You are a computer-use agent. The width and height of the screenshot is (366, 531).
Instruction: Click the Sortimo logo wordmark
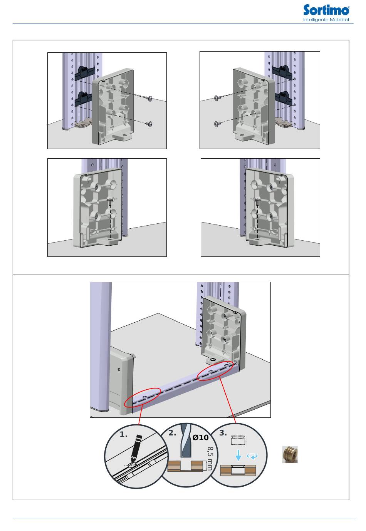coord(326,10)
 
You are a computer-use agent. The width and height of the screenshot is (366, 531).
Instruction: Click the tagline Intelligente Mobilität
coord(326,20)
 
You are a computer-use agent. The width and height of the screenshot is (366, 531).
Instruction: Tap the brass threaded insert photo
coord(290,454)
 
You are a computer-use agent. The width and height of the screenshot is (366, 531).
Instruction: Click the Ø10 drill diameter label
coord(200,437)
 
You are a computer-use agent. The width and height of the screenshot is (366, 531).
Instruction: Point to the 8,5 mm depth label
coord(210,459)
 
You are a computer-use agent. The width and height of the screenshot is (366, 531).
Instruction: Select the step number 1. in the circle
coord(123,434)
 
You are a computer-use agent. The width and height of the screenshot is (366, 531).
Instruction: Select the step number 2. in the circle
coord(172,433)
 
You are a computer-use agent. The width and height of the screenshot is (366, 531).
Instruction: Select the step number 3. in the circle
coord(223,433)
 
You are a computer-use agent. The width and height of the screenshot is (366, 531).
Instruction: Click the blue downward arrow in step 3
coord(238,455)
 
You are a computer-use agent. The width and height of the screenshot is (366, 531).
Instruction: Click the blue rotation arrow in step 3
coord(252,456)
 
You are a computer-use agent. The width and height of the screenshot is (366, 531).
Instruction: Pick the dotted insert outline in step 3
coord(238,440)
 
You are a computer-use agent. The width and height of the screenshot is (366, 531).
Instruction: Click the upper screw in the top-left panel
coord(150,98)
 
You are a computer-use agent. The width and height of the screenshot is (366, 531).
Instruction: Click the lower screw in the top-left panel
coord(149,124)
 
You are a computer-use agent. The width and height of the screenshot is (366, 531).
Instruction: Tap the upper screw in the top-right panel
coord(217,98)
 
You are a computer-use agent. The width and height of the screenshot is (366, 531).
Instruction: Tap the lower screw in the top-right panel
coord(217,124)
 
